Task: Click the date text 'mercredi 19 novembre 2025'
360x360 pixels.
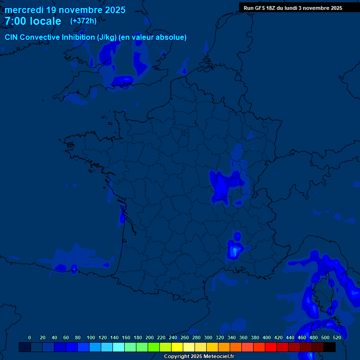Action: pyautogui.click(x=65, y=10)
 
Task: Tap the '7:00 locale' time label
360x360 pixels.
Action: pyautogui.click(x=33, y=21)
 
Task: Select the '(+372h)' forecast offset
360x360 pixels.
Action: pyautogui.click(x=83, y=21)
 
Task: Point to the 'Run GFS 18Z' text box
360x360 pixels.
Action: pyautogui.click(x=293, y=8)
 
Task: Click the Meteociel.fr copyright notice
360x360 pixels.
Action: pyautogui.click(x=199, y=356)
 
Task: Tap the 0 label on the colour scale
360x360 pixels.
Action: pyautogui.click(x=30, y=337)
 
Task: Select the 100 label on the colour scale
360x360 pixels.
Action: pyautogui.click(x=91, y=337)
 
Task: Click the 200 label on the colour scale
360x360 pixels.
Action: pyautogui.click(x=150, y=337)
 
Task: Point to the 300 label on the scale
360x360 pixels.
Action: pyautogui.click(x=208, y=337)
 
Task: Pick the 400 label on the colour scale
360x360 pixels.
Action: pyautogui.click(x=267, y=337)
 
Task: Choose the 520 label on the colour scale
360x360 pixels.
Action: pyautogui.click(x=337, y=337)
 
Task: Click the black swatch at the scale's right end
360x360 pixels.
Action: pyautogui.click(x=330, y=347)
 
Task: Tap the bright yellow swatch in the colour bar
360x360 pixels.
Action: pyautogui.click(x=177, y=347)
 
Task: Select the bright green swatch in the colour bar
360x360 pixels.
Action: pyautogui.click(x=154, y=347)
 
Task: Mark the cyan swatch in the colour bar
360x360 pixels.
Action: pyautogui.click(x=119, y=347)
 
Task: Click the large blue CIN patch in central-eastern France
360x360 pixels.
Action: pyautogui.click(x=223, y=185)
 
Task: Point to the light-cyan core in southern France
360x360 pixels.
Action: pyautogui.click(x=234, y=251)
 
